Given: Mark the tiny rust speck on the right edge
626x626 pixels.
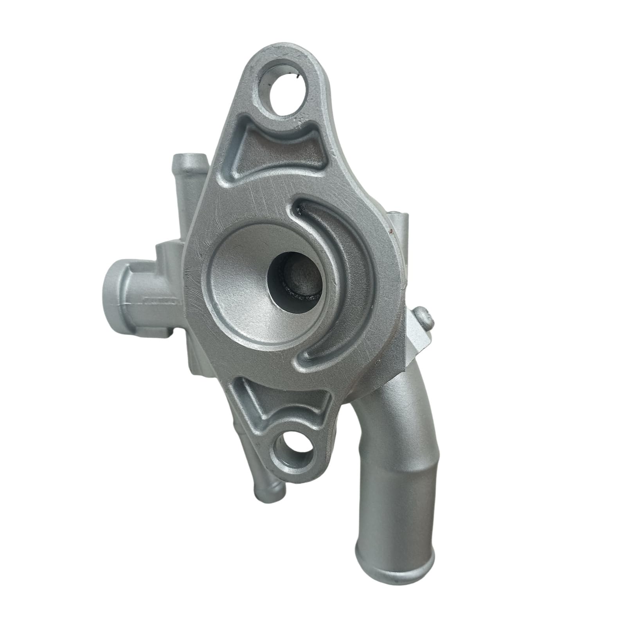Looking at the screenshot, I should point(391,232).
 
